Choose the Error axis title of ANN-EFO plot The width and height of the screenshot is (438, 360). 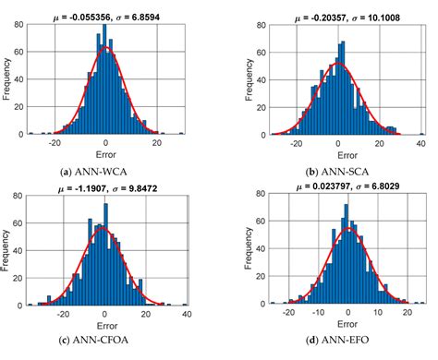(338, 326)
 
